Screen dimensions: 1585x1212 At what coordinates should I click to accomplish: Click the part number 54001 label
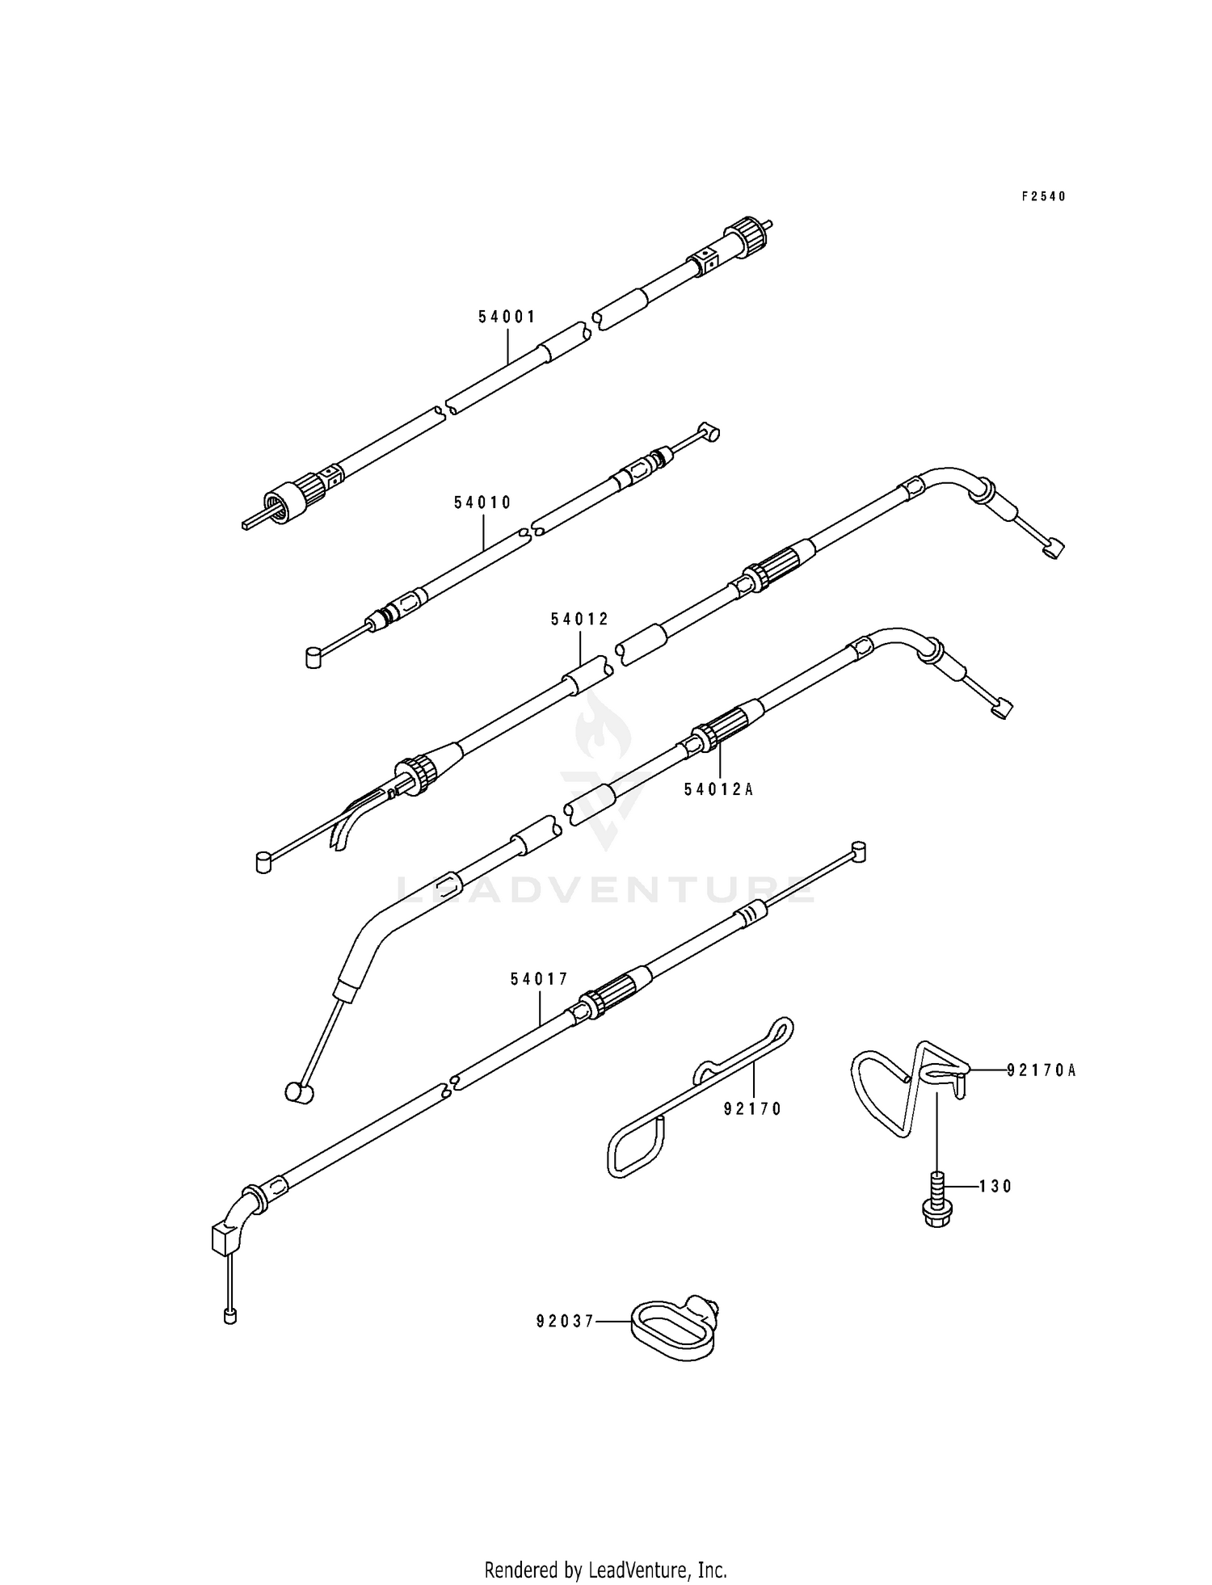[x=507, y=317]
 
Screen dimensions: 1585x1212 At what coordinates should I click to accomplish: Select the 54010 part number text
[x=482, y=502]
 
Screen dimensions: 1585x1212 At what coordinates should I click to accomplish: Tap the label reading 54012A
[x=718, y=790]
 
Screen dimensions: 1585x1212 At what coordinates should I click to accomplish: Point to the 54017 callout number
[x=539, y=979]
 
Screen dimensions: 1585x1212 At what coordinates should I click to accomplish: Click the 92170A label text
[x=1041, y=1071]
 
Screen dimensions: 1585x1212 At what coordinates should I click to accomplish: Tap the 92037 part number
[x=565, y=1322]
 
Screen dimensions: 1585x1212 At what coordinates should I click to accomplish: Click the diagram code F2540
[x=1043, y=196]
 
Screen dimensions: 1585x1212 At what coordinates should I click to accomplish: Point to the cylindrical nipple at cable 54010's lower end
[x=314, y=658]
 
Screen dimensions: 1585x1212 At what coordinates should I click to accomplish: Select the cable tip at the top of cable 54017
[x=859, y=851]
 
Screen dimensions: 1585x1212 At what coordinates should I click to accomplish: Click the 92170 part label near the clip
[x=752, y=1109]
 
